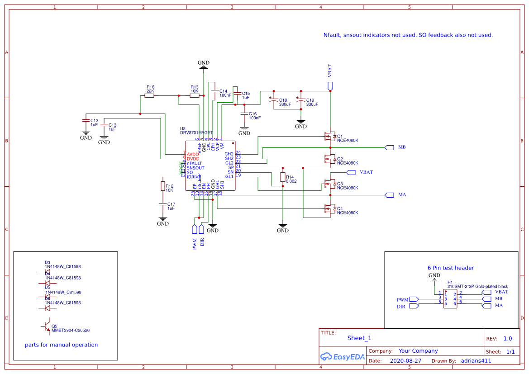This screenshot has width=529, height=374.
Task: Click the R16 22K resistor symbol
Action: tap(149, 95)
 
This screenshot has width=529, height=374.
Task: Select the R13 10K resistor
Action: tap(195, 95)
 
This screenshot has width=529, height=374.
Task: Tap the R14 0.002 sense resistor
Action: tap(282, 177)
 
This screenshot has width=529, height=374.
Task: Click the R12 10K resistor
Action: tap(162, 186)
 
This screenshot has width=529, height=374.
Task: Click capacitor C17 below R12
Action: tap(162, 205)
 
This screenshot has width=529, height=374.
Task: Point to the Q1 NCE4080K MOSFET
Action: tap(329, 136)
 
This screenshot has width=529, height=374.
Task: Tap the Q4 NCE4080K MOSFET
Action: tap(329, 208)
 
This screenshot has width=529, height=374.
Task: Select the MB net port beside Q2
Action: tap(389, 147)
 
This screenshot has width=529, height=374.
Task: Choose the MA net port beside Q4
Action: tap(389, 195)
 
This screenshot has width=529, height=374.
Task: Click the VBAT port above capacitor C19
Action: tap(330, 85)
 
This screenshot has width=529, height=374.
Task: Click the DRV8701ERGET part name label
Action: tap(196, 133)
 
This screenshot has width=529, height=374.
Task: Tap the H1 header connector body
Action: tap(450, 299)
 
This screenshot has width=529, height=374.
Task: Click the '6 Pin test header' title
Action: tap(451, 268)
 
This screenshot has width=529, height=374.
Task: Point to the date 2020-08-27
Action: tap(405, 361)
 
